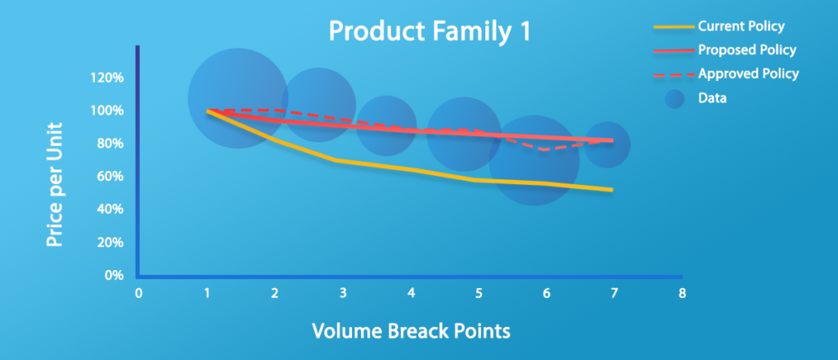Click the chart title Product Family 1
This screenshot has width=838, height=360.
[430, 32]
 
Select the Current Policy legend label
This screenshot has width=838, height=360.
[741, 25]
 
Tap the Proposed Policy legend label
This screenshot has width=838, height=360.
[747, 50]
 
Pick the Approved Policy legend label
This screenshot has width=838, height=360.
[748, 73]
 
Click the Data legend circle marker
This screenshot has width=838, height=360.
[674, 98]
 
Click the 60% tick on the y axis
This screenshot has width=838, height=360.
[113, 177]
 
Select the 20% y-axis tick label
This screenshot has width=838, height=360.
[113, 243]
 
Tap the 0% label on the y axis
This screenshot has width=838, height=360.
[115, 277]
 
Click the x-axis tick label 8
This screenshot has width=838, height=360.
[682, 293]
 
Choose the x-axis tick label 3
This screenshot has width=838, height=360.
[343, 293]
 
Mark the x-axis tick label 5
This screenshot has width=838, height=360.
[478, 293]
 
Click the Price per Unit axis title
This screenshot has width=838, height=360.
[54, 185]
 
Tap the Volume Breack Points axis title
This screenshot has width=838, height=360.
[411, 331]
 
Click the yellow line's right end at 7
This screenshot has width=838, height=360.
[612, 190]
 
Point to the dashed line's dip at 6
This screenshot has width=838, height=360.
[544, 150]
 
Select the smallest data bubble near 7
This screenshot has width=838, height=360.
[607, 144]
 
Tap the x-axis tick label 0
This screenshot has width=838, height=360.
[138, 293]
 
